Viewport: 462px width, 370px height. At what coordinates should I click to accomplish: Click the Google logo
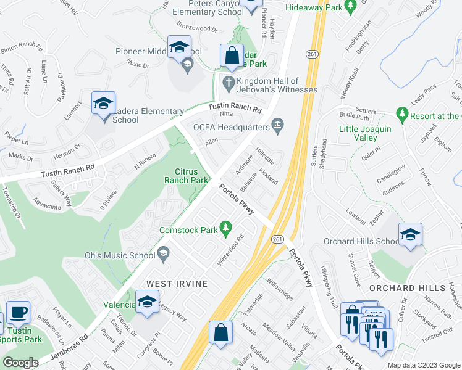click(x=20, y=363)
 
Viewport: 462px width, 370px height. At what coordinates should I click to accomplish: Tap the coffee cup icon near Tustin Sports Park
click(x=18, y=312)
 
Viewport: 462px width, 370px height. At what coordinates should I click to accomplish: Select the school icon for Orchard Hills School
click(x=410, y=234)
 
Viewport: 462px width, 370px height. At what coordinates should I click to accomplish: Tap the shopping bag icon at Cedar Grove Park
click(x=232, y=55)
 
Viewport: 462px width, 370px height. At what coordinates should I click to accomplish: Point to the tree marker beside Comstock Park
click(x=226, y=230)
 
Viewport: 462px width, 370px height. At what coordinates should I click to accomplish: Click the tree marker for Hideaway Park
click(x=351, y=7)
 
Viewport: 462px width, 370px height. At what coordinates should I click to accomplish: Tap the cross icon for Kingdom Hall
click(x=228, y=82)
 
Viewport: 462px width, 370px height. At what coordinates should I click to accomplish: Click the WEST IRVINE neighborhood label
click(x=176, y=283)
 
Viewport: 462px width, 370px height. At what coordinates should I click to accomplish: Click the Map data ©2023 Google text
click(x=424, y=364)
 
